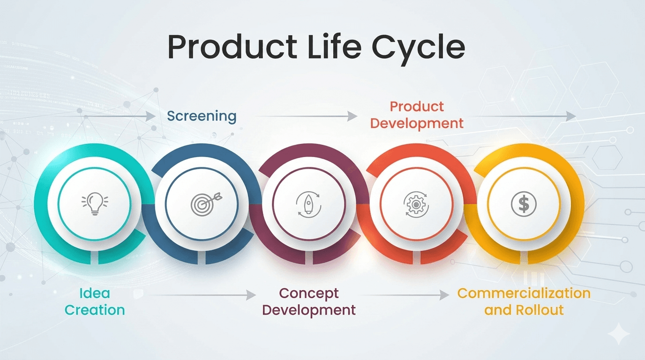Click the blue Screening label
[202, 116]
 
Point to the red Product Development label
[417, 115]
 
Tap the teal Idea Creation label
[95, 302]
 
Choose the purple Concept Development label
[309, 302]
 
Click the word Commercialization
[524, 294]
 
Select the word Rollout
[540, 310]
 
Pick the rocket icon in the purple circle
[308, 205]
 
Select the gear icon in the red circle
[416, 204]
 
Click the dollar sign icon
[524, 204]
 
